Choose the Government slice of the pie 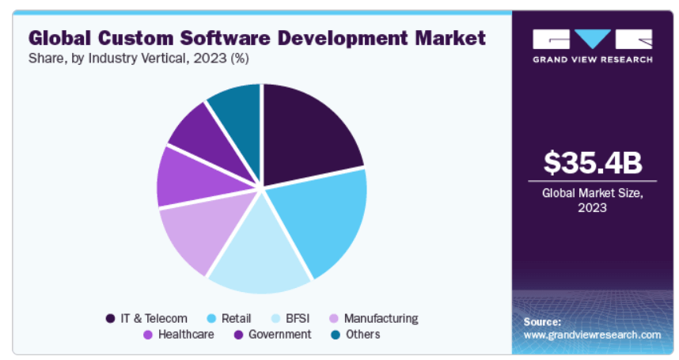pos(203,135)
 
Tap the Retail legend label pos(237,319)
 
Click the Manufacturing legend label pos(381,319)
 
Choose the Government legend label pos(279,335)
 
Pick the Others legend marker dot pos(336,335)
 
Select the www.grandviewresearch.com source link pos(593,335)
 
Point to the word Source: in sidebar pos(543,322)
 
